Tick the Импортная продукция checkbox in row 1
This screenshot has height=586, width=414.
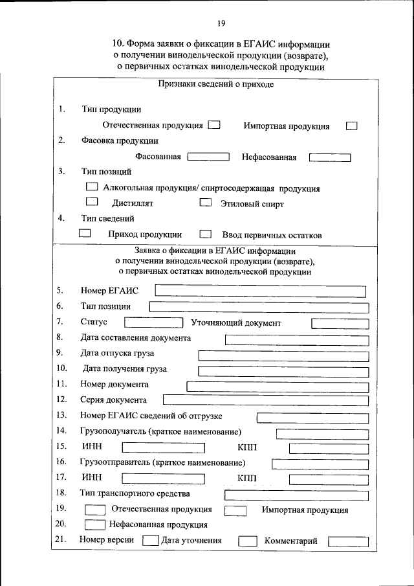tap(352, 126)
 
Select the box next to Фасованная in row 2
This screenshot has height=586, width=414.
tap(208, 157)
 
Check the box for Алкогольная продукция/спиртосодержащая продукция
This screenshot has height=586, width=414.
tap(93, 187)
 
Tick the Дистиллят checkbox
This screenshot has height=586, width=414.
tap(91, 203)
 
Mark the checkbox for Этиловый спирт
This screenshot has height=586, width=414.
tap(205, 203)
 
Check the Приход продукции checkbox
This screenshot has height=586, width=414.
tap(84, 234)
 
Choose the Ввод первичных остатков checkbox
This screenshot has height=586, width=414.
tap(206, 234)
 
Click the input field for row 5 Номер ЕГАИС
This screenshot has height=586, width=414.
tap(261, 291)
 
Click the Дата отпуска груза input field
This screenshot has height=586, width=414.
tap(283, 354)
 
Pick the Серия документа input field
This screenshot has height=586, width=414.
tap(266, 400)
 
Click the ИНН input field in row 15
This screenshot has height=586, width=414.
tap(164, 447)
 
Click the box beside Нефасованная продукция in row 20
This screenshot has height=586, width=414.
tap(95, 525)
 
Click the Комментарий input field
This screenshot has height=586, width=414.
tap(348, 541)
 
